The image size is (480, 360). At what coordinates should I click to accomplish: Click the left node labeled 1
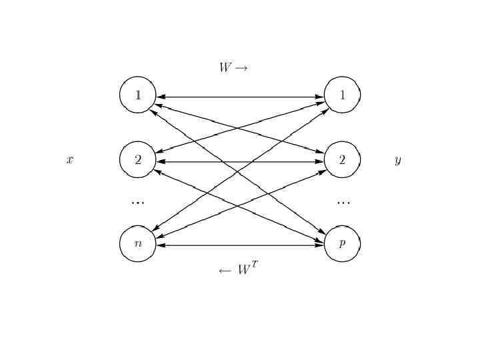pyautogui.click(x=138, y=95)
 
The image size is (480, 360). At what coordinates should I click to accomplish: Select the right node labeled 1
pyautogui.click(x=342, y=95)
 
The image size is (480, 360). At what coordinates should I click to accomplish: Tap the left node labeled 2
pyautogui.click(x=138, y=159)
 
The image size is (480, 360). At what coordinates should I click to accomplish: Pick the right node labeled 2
pyautogui.click(x=342, y=159)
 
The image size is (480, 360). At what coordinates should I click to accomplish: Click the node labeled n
pyautogui.click(x=138, y=243)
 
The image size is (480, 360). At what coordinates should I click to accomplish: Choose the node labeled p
pyautogui.click(x=342, y=243)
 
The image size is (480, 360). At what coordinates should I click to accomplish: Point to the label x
pyautogui.click(x=70, y=160)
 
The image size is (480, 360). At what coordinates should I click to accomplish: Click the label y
pyautogui.click(x=398, y=161)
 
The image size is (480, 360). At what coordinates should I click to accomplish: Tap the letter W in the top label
pyautogui.click(x=225, y=67)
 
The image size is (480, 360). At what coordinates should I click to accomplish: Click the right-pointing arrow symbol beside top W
pyautogui.click(x=241, y=68)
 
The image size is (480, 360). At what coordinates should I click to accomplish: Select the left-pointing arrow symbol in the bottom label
pyautogui.click(x=225, y=271)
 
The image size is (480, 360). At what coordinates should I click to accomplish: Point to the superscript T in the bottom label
pyautogui.click(x=254, y=265)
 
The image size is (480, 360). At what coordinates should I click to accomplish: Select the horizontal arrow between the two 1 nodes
pyautogui.click(x=240, y=97)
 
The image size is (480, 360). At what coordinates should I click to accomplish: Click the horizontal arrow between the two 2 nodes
pyautogui.click(x=240, y=161)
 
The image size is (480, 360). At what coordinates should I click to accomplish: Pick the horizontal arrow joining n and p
pyautogui.click(x=240, y=245)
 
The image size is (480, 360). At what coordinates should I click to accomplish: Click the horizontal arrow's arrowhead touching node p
pyautogui.click(x=319, y=245)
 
